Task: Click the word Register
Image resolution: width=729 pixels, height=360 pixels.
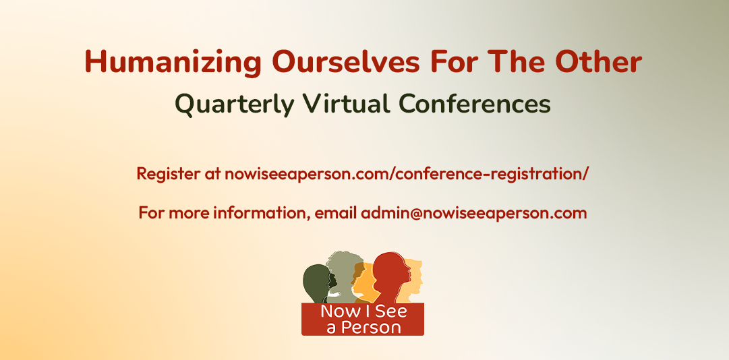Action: pyautogui.click(x=169, y=175)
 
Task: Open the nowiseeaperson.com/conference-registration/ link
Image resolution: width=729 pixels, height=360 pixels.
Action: pyautogui.click(x=407, y=175)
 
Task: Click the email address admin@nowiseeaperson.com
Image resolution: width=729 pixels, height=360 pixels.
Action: pyautogui.click(x=474, y=214)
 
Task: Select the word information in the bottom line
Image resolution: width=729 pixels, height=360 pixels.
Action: pyautogui.click(x=262, y=214)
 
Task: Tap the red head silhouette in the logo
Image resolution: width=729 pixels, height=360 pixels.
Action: pyautogui.click(x=391, y=277)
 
